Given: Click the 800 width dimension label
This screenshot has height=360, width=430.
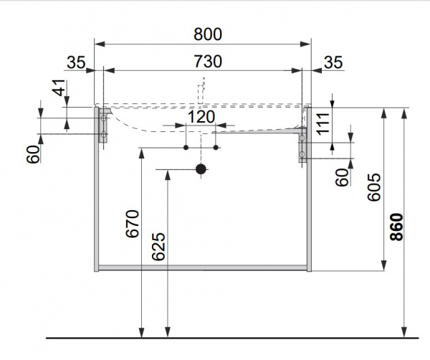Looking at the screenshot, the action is click(208, 34).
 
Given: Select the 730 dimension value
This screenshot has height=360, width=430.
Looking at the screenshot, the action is click(208, 61).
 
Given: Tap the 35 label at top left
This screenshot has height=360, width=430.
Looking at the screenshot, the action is click(76, 62).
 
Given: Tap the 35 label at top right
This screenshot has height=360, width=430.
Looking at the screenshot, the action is click(333, 62).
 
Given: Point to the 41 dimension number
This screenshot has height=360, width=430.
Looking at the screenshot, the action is click(59, 87).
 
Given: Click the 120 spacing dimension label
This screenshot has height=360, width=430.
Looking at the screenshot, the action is click(201, 117).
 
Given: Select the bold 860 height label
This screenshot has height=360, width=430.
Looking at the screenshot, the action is click(396, 227).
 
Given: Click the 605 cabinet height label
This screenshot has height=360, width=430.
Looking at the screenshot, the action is click(374, 187).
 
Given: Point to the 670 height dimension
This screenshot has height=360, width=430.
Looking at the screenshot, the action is click(133, 224).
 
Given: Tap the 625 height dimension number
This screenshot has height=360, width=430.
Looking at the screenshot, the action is click(158, 247).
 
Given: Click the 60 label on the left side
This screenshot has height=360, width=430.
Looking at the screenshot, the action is click(34, 154).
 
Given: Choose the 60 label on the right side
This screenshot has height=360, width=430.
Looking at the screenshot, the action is click(342, 178).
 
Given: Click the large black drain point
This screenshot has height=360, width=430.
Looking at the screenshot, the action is click(201, 169).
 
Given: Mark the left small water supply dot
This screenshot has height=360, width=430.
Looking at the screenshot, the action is click(186, 148).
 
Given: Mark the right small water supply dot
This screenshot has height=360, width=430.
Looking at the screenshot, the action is click(216, 148).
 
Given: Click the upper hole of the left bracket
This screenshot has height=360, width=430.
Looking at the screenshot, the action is click(103, 118).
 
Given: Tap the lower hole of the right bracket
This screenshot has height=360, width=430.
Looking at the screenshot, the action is click(302, 154).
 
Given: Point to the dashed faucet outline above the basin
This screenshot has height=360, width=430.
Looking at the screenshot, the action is click(202, 90).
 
